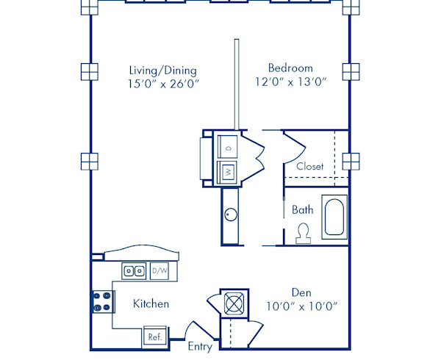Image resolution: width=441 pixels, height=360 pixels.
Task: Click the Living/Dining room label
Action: click(x=162, y=71)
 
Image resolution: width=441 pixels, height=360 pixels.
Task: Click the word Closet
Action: click(x=309, y=167)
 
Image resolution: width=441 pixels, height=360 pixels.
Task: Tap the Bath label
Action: click(x=302, y=210)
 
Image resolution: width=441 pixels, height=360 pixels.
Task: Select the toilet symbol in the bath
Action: click(x=302, y=234)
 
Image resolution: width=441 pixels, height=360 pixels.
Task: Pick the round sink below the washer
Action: click(x=229, y=215)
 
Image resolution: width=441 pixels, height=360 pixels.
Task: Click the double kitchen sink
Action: click(x=133, y=271)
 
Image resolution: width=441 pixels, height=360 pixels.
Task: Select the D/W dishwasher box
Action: click(x=159, y=271)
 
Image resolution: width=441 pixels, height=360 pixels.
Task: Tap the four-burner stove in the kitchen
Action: click(x=101, y=302)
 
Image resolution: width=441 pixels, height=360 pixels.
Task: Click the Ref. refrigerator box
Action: click(x=155, y=336)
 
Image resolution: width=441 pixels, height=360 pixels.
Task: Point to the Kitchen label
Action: click(x=151, y=303)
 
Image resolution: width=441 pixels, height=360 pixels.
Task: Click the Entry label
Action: click(x=199, y=346)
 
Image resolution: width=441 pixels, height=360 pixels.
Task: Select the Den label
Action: click(x=300, y=292)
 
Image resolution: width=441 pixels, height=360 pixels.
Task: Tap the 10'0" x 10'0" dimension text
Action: click(x=300, y=306)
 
